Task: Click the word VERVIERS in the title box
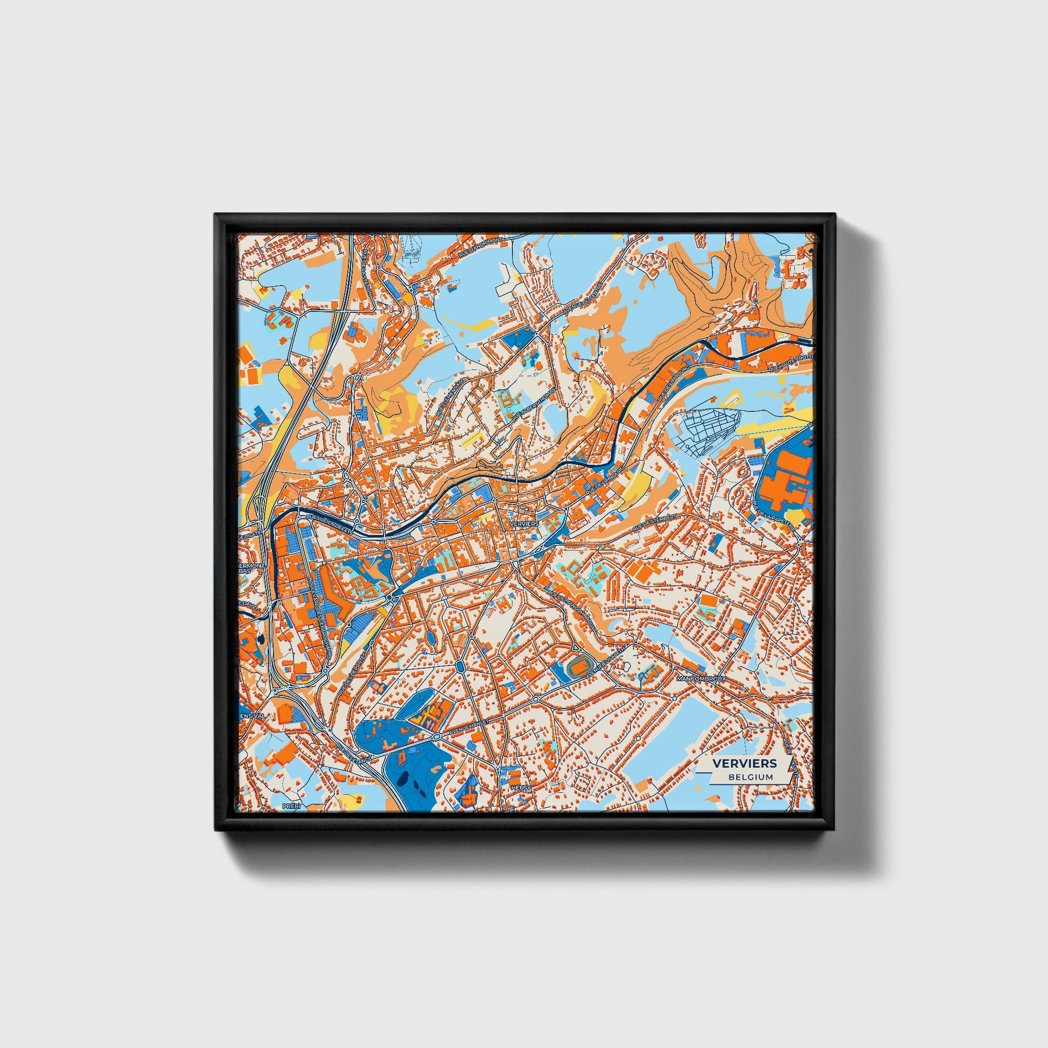pos(744,763)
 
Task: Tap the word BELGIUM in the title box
pos(751,777)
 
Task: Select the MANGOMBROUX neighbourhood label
pos(701,679)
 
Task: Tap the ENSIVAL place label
pos(252,716)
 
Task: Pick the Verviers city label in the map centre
pos(524,524)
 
